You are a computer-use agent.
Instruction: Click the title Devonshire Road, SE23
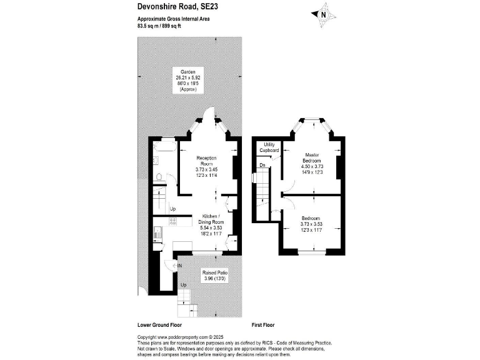178,7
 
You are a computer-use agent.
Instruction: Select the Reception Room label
207,161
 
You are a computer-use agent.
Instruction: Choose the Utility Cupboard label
270,147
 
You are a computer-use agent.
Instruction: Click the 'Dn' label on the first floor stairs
263,165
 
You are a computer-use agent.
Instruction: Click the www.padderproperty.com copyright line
176,337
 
